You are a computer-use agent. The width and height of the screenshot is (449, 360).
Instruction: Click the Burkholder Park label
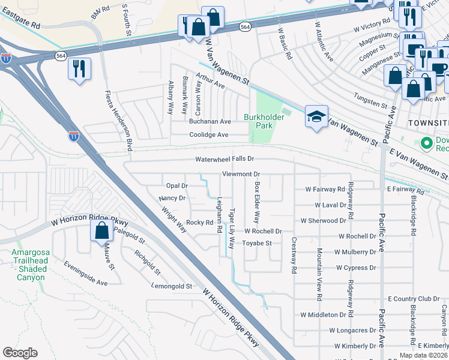pos(259,121)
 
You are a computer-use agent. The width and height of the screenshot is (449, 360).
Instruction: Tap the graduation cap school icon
pos(316,117)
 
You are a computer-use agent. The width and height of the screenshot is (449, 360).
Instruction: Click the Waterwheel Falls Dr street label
pos(225,159)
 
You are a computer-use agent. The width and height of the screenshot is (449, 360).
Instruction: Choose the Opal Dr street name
pos(177,185)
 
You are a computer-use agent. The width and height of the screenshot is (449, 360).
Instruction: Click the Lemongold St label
pos(172,287)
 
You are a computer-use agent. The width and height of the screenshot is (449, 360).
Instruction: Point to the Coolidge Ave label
pos(209,135)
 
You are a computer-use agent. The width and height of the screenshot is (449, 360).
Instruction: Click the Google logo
pos(20,353)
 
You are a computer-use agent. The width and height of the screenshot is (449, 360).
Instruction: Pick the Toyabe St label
pos(258,243)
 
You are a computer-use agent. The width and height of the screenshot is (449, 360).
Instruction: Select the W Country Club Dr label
pos(414,298)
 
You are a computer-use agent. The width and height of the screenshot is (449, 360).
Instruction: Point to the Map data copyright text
pos(423,355)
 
